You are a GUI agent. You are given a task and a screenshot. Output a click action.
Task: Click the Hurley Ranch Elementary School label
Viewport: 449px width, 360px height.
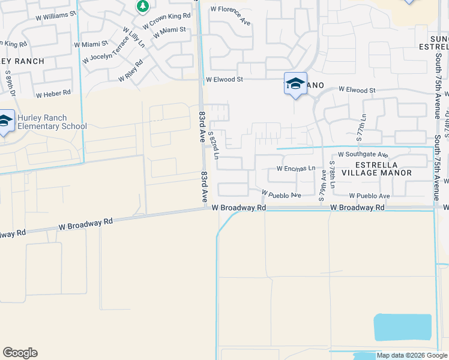[52, 122]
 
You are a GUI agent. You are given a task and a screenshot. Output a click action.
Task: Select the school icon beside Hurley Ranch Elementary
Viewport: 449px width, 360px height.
[5, 122]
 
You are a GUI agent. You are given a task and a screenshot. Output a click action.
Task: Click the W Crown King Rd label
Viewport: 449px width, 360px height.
[166, 20]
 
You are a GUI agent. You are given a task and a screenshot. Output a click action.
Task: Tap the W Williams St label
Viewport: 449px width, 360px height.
[56, 12]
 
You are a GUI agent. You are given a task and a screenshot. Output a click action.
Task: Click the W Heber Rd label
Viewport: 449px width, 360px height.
[53, 94]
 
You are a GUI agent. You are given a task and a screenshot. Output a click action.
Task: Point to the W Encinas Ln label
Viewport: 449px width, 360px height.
[295, 169]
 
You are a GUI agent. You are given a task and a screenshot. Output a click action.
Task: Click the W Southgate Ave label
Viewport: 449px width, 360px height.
[363, 154]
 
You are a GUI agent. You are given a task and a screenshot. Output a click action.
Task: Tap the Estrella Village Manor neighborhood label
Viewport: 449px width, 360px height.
[383, 169]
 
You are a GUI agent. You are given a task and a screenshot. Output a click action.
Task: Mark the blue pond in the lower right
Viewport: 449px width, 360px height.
[402, 327]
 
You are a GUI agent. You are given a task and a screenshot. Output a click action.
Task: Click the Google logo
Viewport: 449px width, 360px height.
[20, 353]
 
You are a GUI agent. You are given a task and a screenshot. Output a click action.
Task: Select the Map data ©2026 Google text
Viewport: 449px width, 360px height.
[412, 355]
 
